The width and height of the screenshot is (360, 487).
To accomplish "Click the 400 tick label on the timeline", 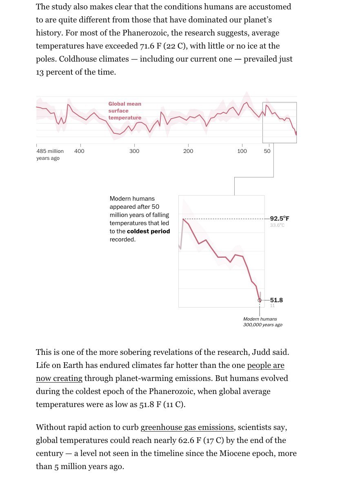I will (79, 151).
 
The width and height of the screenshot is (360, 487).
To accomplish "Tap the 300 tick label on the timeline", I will (134, 151).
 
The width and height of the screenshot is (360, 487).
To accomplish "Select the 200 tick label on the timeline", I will (188, 151).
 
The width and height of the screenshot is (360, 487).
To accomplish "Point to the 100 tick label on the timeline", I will (242, 151).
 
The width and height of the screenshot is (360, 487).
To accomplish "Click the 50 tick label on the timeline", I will (267, 151).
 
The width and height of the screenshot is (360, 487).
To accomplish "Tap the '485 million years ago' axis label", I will (50, 155).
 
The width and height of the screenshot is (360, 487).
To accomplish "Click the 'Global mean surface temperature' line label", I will (125, 111).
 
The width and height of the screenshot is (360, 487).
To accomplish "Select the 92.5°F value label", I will (280, 218).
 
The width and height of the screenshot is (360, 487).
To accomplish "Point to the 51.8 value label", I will (276, 300).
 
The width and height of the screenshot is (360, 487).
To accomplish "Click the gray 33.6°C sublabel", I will (277, 225).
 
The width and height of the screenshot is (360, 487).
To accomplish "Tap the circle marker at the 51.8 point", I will (260, 300).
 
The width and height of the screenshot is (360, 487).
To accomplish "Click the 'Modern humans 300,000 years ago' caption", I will (262, 322).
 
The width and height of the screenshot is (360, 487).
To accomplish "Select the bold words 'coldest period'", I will (149, 231).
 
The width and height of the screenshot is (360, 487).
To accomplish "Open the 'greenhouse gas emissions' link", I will (187, 427).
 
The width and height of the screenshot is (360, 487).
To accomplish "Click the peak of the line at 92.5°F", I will (183, 219).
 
